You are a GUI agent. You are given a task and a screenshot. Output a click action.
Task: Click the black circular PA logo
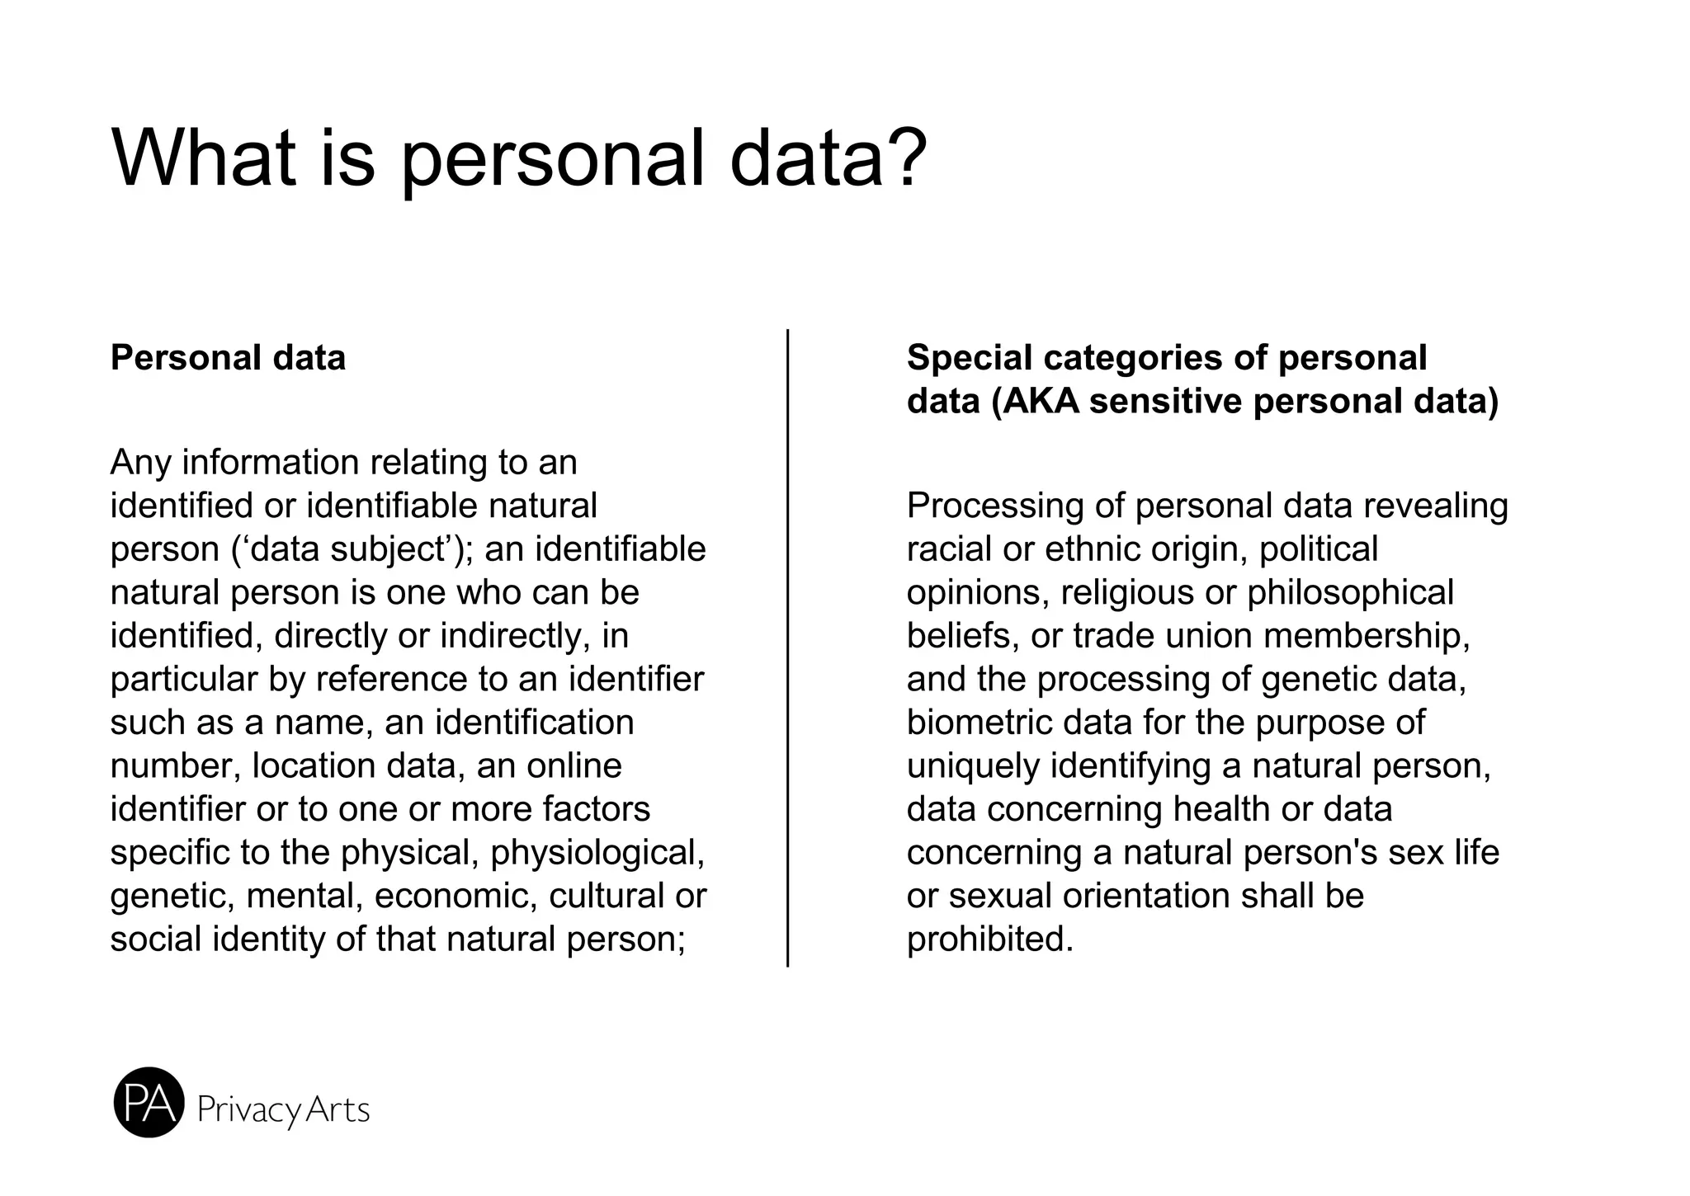[x=149, y=1103]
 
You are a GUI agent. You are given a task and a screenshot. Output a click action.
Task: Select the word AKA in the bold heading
[x=1039, y=402]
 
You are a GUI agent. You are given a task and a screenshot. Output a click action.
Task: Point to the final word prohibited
[x=989, y=939]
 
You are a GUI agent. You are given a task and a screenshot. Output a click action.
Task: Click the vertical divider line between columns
[x=788, y=647]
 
